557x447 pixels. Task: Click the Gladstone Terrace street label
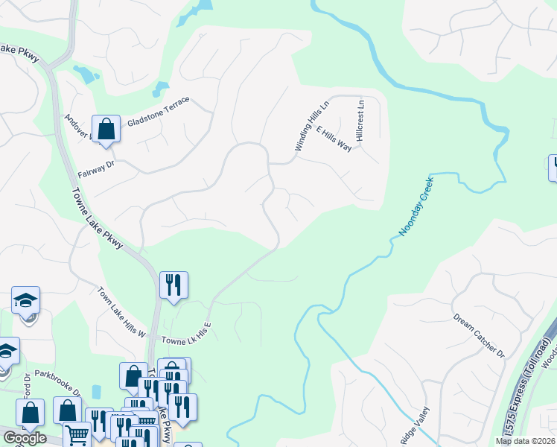coord(159,112)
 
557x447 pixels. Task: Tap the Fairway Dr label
coord(94,168)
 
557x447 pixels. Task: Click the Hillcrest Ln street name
coord(360,121)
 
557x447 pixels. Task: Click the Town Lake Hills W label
coord(121,311)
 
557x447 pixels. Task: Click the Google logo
coord(25,437)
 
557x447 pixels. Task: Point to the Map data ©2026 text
coord(526,441)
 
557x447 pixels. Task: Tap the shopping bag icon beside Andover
coord(106,128)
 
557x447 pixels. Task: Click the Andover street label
coord(77,127)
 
